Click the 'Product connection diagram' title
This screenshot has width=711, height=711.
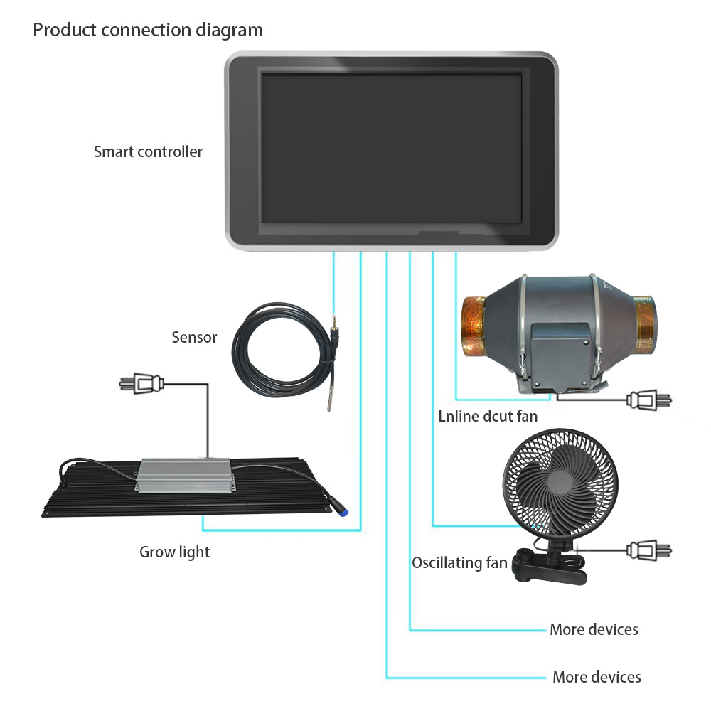click(x=148, y=31)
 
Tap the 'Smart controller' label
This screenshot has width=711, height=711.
click(x=148, y=151)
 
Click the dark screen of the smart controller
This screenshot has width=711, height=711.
click(x=391, y=149)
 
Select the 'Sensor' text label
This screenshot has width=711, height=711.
click(x=194, y=337)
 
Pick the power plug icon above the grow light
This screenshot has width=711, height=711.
click(x=141, y=384)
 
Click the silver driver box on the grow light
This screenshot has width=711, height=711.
click(x=185, y=475)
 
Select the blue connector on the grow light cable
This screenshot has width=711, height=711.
click(x=345, y=511)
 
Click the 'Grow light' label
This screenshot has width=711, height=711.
click(x=174, y=552)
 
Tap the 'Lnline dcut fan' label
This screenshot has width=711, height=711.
click(x=488, y=416)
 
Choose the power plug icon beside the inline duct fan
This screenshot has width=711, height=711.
click(x=649, y=400)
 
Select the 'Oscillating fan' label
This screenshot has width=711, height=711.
click(x=459, y=562)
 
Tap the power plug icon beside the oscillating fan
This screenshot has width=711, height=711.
click(x=649, y=550)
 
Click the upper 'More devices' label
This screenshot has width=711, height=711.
click(x=594, y=629)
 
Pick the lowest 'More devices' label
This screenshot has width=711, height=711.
click(x=597, y=677)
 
